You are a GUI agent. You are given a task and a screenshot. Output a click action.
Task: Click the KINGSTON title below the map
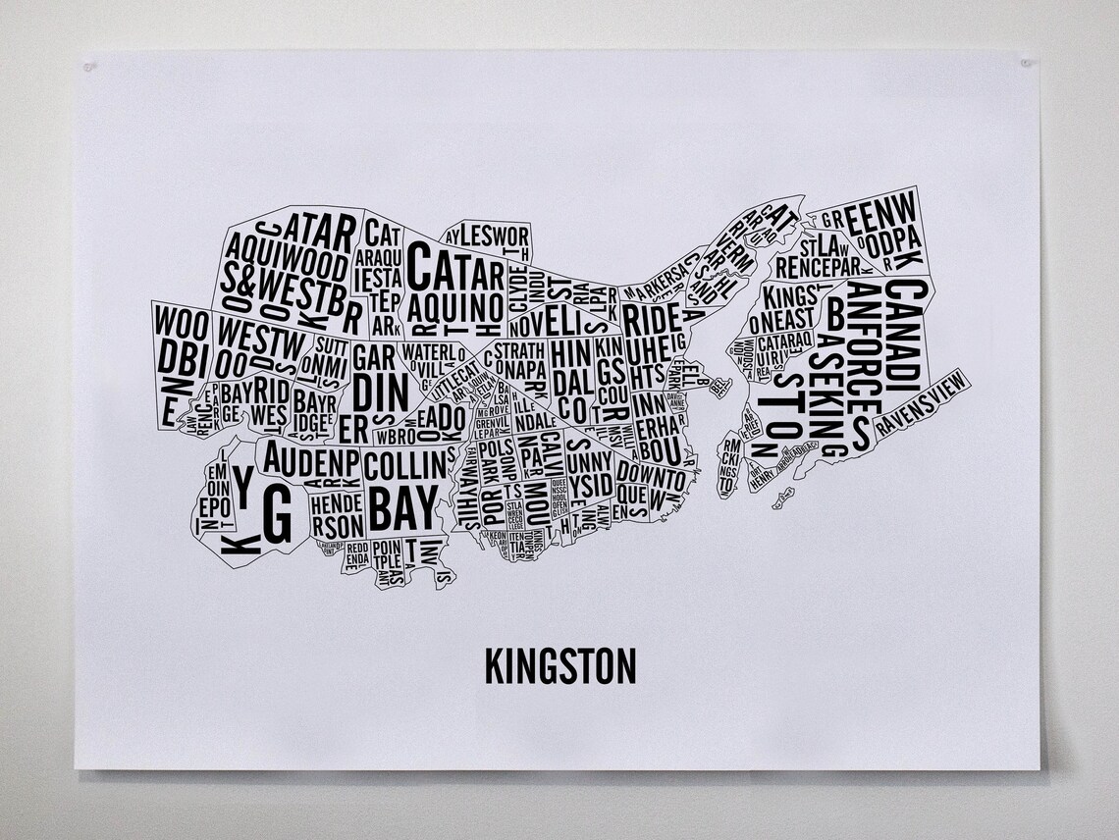click(559, 665)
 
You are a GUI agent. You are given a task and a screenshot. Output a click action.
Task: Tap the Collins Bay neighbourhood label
click(404, 489)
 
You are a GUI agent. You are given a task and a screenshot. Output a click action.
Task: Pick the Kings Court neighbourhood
click(612, 378)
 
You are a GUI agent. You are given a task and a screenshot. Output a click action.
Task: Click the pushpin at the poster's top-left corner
click(89, 67)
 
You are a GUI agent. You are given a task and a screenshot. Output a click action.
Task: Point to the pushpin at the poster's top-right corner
click(1026, 63)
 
